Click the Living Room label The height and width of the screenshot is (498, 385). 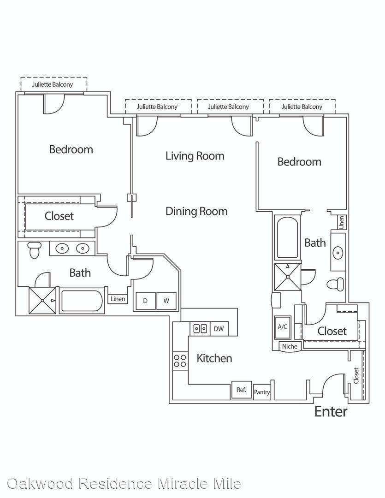click(195, 156)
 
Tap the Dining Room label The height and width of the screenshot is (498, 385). click(196, 212)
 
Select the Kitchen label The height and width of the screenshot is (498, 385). click(214, 358)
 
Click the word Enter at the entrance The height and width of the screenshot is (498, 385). click(331, 412)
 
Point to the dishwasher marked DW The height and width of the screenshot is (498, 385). click(219, 329)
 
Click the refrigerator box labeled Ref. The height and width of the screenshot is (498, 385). click(242, 390)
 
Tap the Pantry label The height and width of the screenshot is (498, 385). click(262, 392)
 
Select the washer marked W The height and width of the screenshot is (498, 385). click(166, 301)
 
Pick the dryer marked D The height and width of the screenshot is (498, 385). click(145, 301)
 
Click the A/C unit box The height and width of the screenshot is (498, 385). click(282, 327)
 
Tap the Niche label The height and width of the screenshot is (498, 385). click(290, 346)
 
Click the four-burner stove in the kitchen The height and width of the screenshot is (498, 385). click(180, 361)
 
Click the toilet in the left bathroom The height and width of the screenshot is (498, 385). click(34, 250)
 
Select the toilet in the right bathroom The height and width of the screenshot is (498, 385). click(336, 284)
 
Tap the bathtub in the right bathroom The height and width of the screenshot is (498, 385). click(287, 237)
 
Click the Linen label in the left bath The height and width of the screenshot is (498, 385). click(118, 299)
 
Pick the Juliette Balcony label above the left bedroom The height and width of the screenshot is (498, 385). click(53, 84)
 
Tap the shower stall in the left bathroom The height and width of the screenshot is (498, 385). click(42, 301)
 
